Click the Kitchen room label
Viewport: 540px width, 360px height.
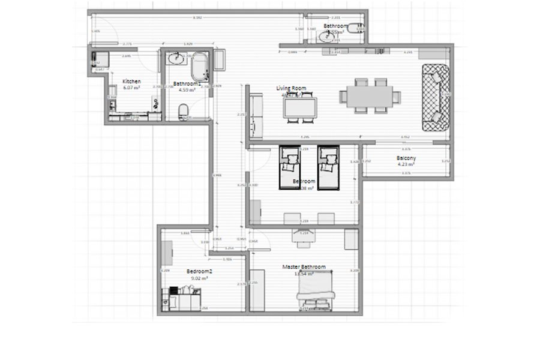pos(131,81)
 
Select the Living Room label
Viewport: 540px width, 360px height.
pos(291,88)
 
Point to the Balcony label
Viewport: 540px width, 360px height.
pos(406,159)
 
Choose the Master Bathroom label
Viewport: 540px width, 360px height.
pos(304,266)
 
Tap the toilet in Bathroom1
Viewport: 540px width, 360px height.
pos(184,109)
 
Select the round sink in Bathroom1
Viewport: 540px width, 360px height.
pos(176,59)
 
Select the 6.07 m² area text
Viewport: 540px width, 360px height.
pos(131,88)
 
